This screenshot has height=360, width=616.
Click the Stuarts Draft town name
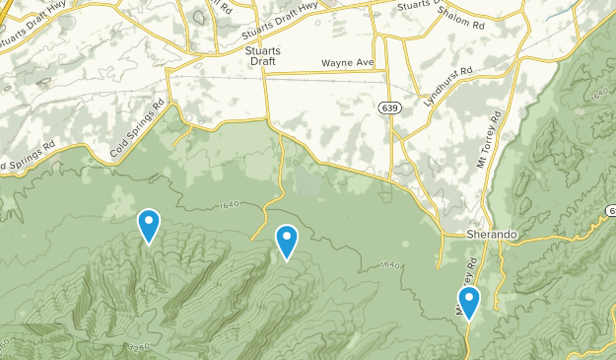[x=263, y=54]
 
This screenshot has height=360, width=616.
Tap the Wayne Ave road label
[x=348, y=63]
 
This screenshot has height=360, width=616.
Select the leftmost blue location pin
[x=149, y=225]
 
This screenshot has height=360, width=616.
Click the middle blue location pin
[x=287, y=240]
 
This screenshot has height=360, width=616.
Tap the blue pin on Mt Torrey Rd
[x=469, y=302]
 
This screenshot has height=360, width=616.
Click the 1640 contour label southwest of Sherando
[x=389, y=265]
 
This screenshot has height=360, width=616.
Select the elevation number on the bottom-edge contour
[x=139, y=347]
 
